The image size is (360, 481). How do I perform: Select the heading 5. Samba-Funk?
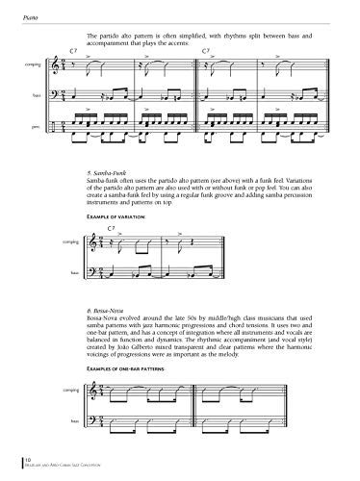pyautogui.click(x=105, y=170)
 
